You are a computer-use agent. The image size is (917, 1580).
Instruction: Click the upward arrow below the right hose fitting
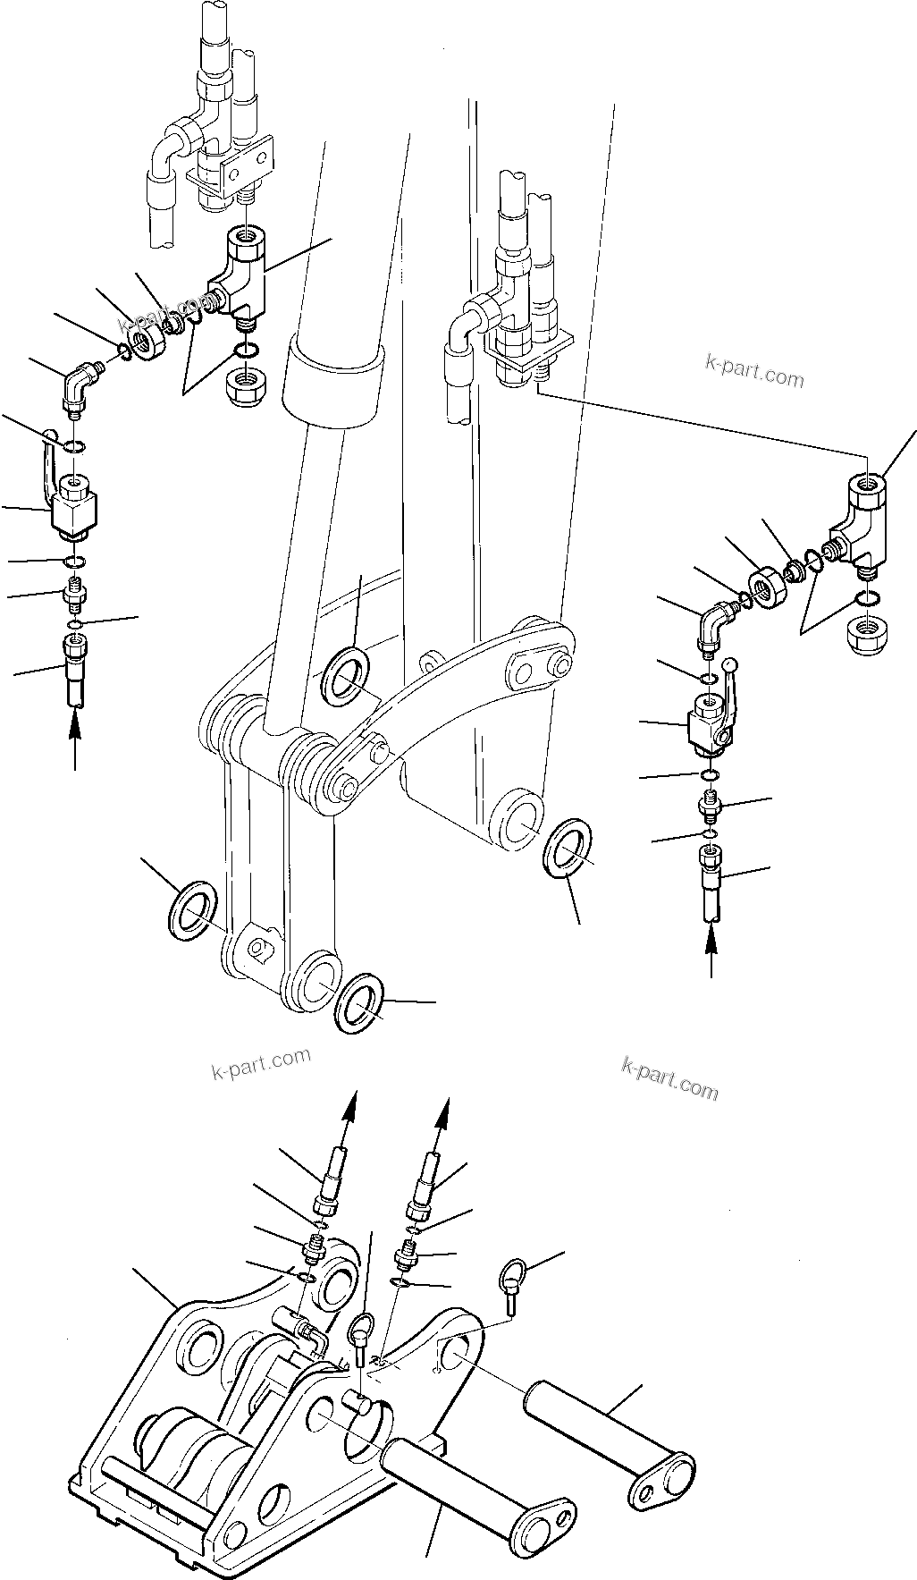pos(711,951)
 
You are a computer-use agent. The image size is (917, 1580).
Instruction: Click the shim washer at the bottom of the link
pos(360,1005)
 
